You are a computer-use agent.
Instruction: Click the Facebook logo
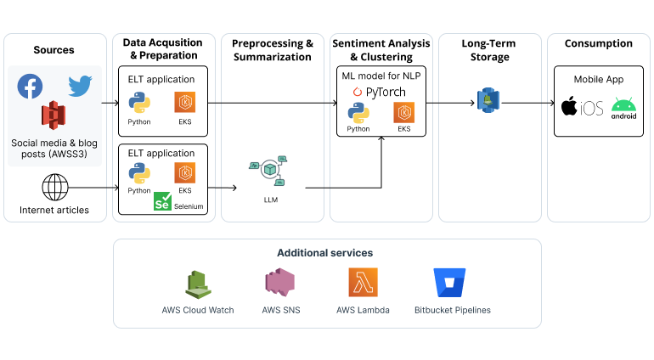(31, 86)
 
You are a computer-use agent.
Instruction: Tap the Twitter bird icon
(80, 86)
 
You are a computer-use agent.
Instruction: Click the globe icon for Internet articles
(54, 187)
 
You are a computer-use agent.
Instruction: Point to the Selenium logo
(162, 202)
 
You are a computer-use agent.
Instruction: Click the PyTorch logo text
(381, 92)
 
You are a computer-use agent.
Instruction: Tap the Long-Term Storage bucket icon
(488, 100)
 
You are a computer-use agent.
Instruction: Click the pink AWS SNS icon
(279, 284)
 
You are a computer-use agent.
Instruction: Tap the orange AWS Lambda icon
(363, 282)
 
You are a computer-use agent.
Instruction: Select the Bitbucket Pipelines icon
(449, 283)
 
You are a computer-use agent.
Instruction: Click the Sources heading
(54, 50)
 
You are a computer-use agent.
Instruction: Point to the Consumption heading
(599, 43)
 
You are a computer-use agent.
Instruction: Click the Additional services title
(324, 253)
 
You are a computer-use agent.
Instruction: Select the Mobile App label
(599, 79)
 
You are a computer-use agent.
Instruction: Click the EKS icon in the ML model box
(404, 113)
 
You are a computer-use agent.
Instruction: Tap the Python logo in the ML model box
(358, 113)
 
